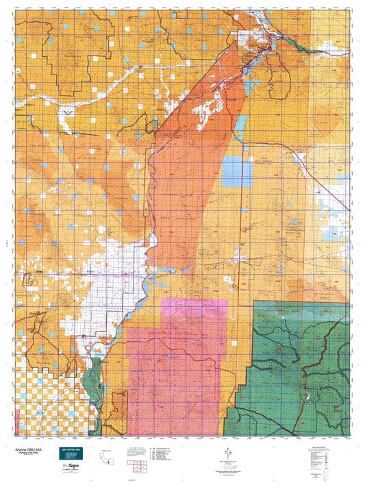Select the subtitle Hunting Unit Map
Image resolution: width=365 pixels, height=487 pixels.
[x=38, y=449]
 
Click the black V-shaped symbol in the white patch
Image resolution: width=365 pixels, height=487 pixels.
[x=67, y=110]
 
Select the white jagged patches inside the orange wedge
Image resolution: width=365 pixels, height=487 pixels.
[x=209, y=106]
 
